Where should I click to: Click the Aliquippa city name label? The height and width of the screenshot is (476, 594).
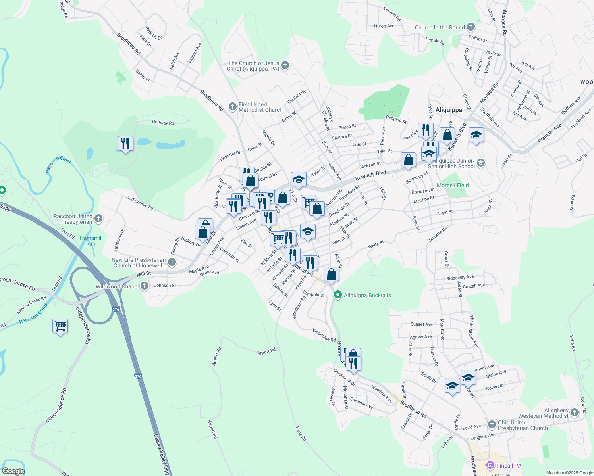coord(449,110)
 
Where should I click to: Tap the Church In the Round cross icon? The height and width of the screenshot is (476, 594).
coord(471,27)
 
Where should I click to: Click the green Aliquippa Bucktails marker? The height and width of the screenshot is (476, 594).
coord(338,295)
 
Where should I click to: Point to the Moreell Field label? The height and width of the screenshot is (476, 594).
coord(453,185)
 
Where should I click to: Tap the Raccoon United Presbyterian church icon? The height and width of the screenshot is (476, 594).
coord(98,218)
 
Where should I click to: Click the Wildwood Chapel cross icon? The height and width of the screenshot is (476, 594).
coord(145,286)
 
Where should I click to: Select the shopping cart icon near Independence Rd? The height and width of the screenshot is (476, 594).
coord(60,326)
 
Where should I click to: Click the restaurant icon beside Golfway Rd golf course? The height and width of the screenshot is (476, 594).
coord(125,144)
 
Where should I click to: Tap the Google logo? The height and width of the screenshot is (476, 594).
coord(13,471)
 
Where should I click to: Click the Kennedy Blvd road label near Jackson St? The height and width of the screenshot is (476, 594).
coord(370,175)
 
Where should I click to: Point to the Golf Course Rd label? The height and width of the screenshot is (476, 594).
coord(140,202)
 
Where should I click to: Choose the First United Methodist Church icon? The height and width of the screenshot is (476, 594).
coord(233,107)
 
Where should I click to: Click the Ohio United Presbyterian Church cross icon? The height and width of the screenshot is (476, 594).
coord(492,425)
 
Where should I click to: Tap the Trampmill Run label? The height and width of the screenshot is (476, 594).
coord(91,241)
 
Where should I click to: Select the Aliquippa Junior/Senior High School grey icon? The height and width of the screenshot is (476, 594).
coord(481,163)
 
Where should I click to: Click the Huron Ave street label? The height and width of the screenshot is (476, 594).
coord(384,26)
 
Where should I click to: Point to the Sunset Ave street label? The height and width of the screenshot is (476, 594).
coord(421,324)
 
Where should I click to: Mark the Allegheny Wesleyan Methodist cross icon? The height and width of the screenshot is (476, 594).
coord(575,413)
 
